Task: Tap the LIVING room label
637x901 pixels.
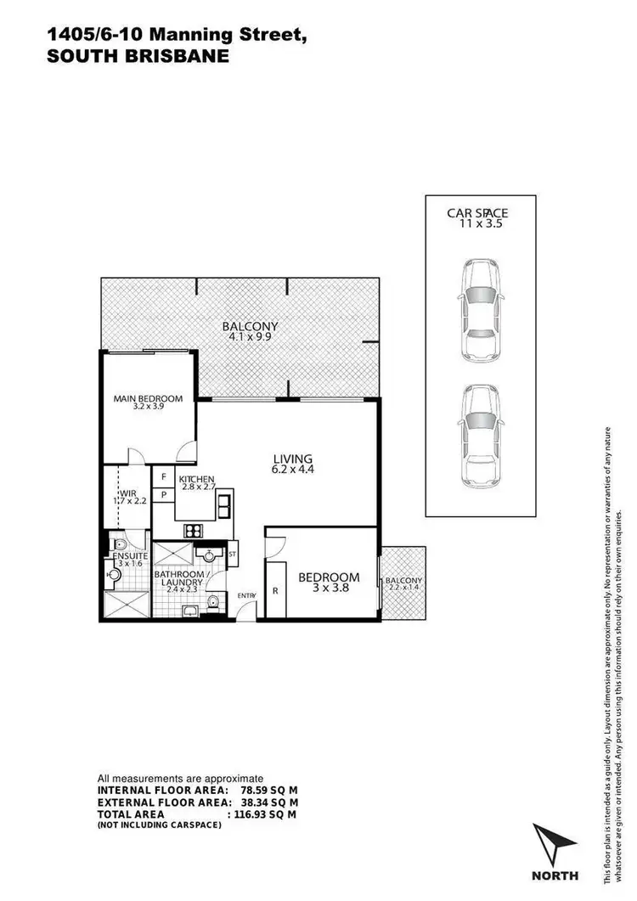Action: [x=292, y=464]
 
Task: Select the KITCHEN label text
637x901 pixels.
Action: [x=196, y=483]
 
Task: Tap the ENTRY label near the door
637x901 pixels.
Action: [x=246, y=595]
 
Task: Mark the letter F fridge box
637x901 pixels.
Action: [x=163, y=477]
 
